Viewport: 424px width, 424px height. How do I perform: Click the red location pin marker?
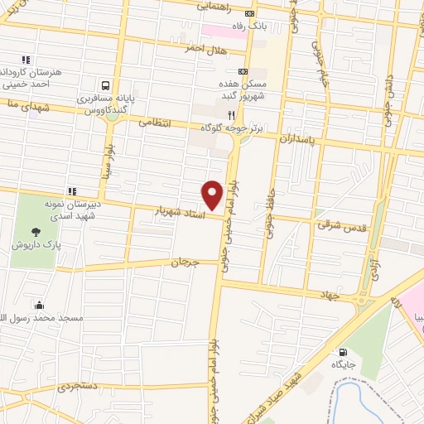click(213, 194)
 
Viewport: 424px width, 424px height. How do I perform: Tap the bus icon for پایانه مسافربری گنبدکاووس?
click(105, 84)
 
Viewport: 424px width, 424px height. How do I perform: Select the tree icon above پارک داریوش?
click(36, 233)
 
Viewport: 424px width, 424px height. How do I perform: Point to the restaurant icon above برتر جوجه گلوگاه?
click(232, 116)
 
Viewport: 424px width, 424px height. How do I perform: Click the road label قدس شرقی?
click(336, 224)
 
